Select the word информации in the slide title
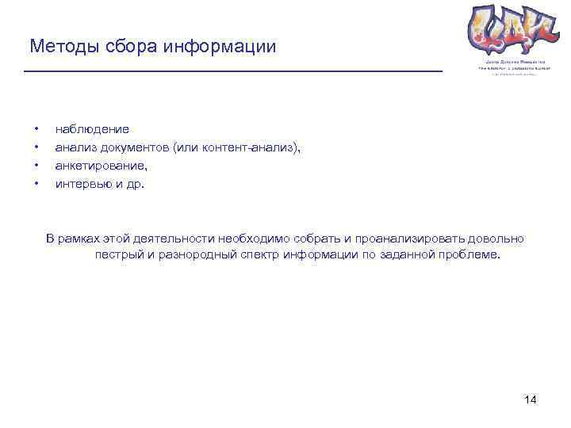[x=220, y=47]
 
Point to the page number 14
[x=531, y=399]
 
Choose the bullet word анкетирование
[x=101, y=166]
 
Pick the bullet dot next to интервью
[x=36, y=184]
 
